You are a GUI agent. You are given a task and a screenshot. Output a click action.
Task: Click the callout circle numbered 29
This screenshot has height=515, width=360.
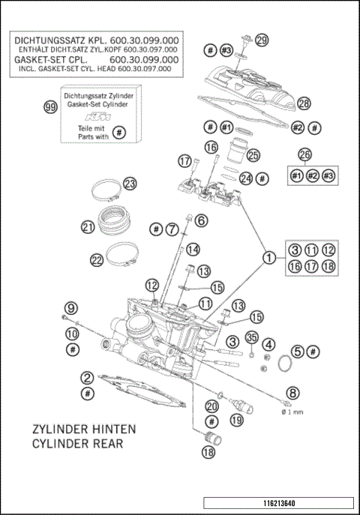261,40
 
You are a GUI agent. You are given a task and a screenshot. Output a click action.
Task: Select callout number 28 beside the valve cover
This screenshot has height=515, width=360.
304,103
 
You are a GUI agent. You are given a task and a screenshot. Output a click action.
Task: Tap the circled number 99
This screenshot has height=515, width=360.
51,108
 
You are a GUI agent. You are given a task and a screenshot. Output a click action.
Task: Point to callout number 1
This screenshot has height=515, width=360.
266,259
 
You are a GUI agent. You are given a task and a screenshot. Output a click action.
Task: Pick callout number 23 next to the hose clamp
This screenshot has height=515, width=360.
130,184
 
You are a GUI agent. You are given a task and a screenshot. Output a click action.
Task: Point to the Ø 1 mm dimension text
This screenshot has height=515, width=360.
292,412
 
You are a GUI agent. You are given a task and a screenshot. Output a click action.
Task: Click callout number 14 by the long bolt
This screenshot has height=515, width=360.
193,250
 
